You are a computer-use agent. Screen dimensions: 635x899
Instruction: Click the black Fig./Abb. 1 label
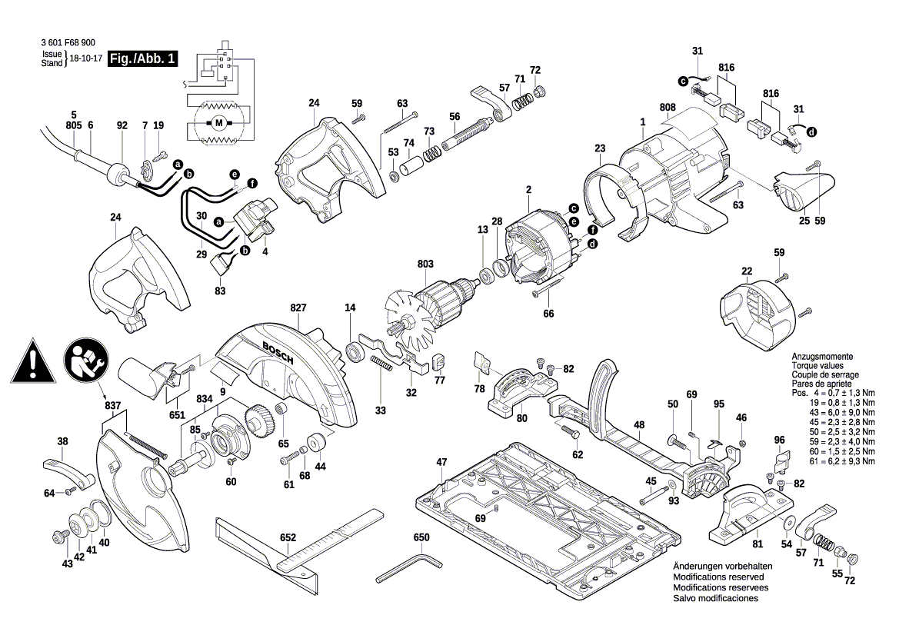143,58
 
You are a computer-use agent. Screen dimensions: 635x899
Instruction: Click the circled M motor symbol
218,122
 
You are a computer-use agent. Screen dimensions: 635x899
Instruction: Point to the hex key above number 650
408,568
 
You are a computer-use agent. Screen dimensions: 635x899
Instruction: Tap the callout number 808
667,107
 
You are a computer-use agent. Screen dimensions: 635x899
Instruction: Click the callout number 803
425,264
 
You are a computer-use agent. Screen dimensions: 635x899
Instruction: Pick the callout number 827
298,308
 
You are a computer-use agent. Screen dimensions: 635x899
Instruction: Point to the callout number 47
441,462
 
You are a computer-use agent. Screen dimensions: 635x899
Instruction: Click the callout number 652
288,538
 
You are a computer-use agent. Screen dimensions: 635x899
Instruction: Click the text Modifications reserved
718,577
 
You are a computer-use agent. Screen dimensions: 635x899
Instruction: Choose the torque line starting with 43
838,412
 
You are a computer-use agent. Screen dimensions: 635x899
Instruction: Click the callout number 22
747,271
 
